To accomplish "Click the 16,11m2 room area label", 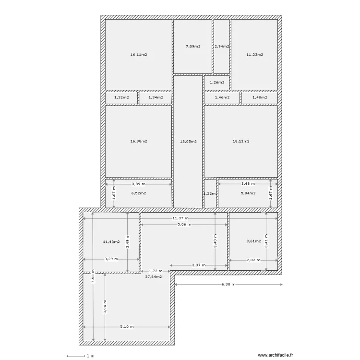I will click(138, 55).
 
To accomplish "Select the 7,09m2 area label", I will click(192, 47).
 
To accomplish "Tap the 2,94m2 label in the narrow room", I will click(221, 47).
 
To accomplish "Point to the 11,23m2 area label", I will click(254, 55).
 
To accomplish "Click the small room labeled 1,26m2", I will click(217, 83).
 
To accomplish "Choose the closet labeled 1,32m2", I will click(121, 97).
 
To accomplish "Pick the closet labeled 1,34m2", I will click(156, 97).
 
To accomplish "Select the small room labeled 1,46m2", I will click(222, 97).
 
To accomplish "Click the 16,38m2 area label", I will click(138, 142).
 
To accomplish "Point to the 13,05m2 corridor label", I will click(188, 142).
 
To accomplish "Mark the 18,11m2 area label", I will click(240, 142).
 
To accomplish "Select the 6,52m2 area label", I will click(138, 193).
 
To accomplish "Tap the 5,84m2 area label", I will click(247, 193).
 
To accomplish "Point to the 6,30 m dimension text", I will click(228, 284).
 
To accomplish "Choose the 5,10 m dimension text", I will click(127, 327).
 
